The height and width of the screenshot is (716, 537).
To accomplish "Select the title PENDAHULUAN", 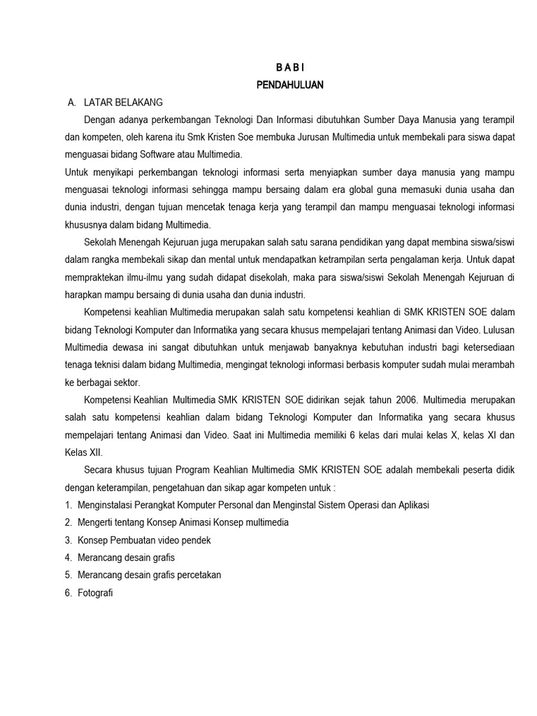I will click(x=289, y=85).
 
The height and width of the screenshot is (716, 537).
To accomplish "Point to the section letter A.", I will click(x=71, y=103).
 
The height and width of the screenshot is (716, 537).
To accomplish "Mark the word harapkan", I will click(x=84, y=294).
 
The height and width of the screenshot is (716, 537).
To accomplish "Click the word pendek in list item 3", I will click(x=195, y=540).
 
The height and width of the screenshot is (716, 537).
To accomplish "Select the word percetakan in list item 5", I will click(x=199, y=575).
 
